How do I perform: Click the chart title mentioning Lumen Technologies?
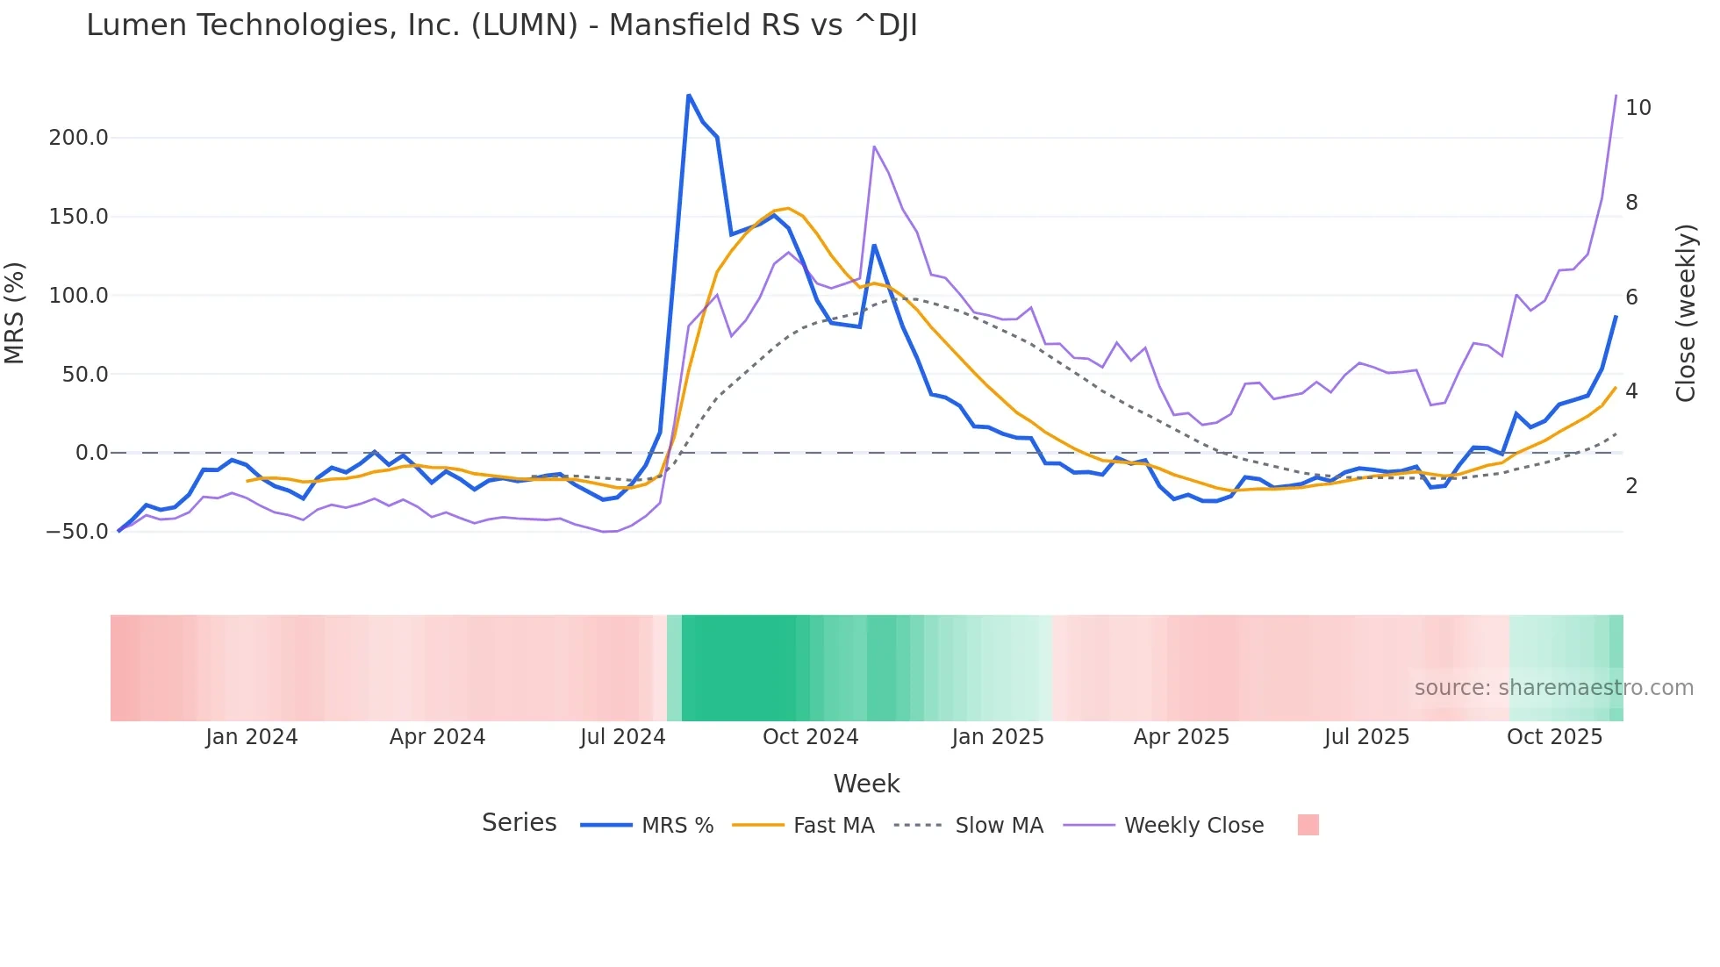pos(501,25)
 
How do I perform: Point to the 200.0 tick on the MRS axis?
pos(79,138)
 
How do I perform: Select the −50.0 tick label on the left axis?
pos(76,532)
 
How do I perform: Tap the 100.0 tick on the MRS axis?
pos(79,296)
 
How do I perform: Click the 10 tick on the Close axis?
pos(1638,108)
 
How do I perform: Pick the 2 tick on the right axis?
pos(1631,485)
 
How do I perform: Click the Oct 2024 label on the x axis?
pos(810,737)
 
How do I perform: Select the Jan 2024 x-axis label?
pos(252,737)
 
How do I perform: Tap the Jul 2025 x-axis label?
pos(1366,737)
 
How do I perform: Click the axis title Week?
pos(866,784)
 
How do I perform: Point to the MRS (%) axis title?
pos(15,313)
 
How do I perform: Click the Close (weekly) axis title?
pos(1686,313)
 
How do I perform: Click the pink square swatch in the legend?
pos(1308,825)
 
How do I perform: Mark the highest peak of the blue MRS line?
pos(689,95)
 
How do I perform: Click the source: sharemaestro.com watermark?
pos(1553,688)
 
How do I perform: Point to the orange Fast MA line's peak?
pos(788,208)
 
